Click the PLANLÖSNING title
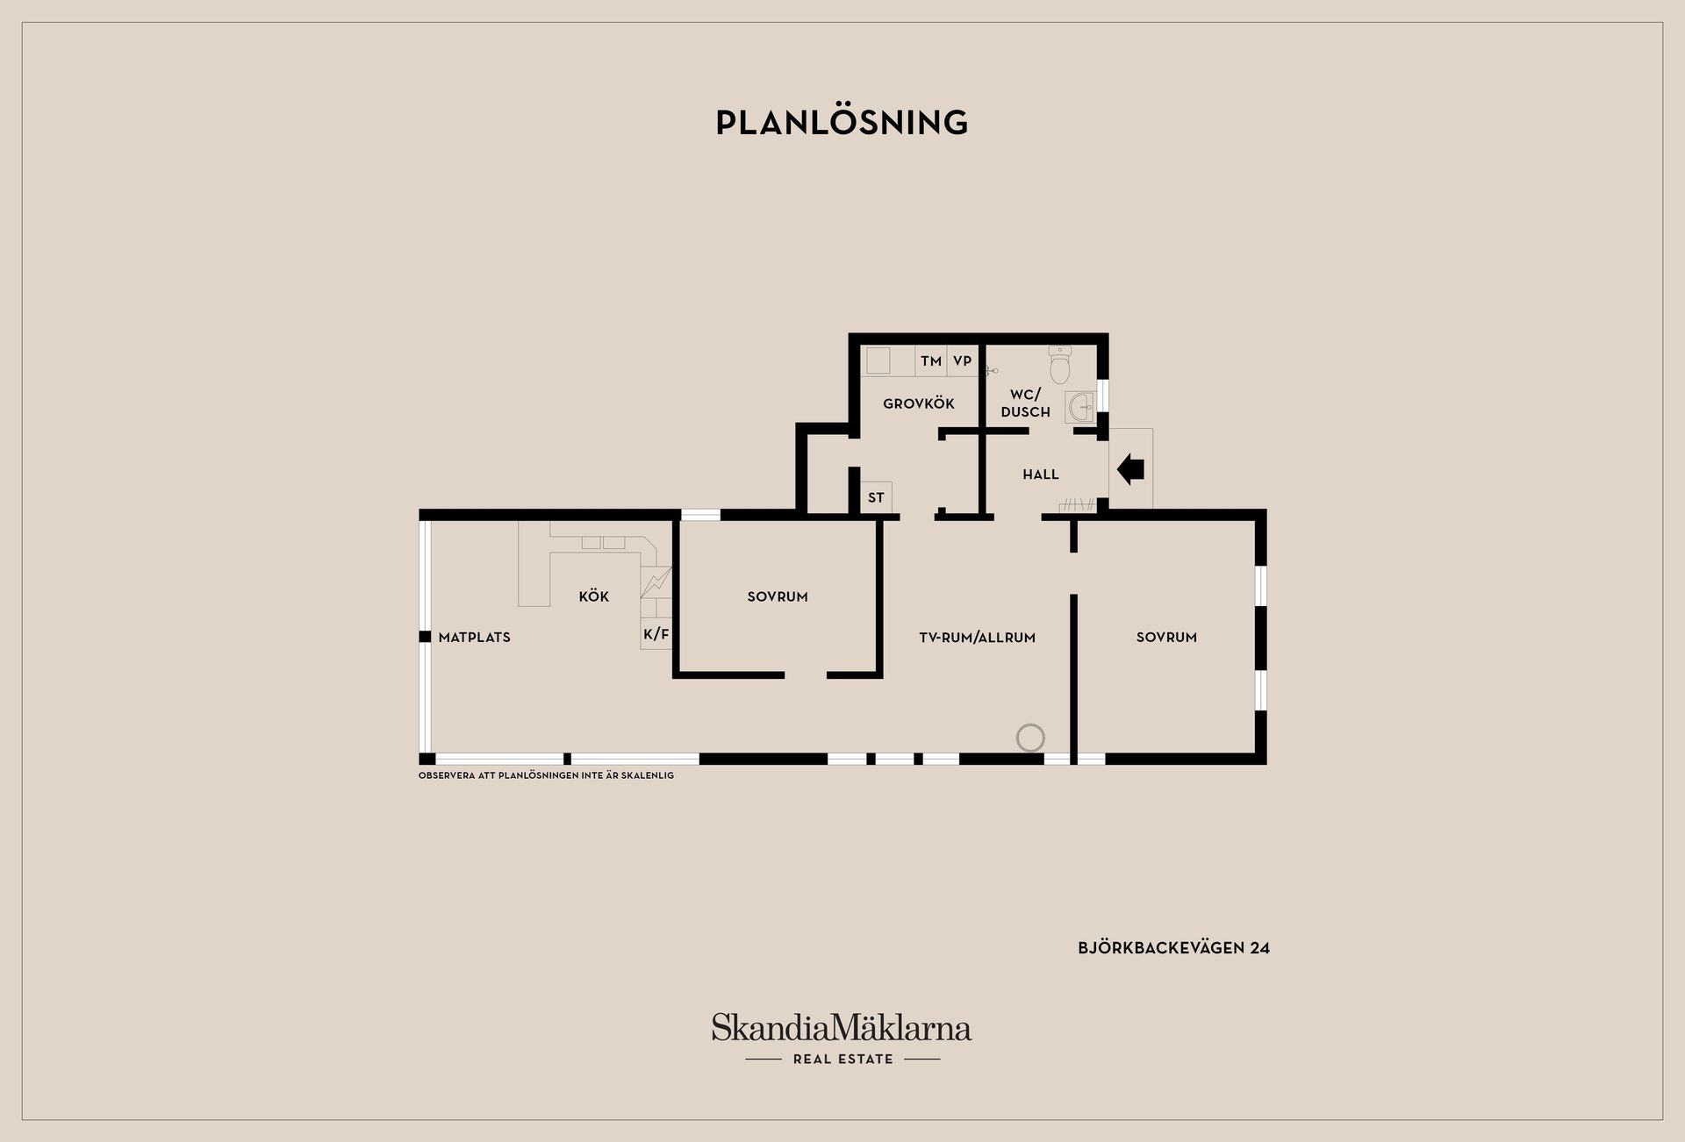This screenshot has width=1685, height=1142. [842, 122]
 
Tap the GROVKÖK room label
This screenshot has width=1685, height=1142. [919, 404]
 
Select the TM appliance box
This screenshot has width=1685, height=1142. [931, 361]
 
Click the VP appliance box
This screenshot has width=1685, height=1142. [963, 361]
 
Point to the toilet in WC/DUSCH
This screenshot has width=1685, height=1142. [1060, 365]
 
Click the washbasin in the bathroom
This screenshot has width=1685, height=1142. [1081, 407]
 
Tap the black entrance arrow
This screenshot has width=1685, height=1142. [1130, 470]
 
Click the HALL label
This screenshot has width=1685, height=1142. [1041, 475]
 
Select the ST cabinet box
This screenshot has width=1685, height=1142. [876, 497]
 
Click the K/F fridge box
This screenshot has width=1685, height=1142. [656, 633]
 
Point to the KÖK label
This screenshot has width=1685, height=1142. [594, 596]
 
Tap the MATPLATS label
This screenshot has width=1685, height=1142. [475, 638]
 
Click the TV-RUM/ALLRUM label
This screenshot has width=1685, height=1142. [978, 638]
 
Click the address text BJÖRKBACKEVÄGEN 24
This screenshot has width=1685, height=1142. [1174, 948]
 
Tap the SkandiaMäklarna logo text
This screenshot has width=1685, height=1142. [842, 1028]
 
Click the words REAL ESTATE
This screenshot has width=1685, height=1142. [842, 1060]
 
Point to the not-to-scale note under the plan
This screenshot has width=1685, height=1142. [546, 776]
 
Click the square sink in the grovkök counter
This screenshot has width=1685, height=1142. [878, 361]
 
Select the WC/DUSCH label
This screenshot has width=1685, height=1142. [1025, 403]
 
